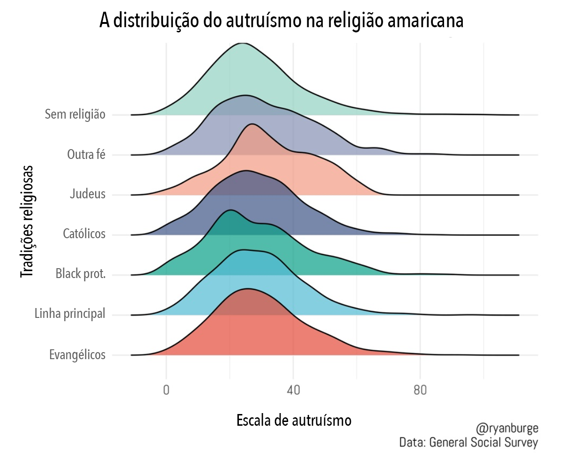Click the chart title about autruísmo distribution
[x=281, y=21]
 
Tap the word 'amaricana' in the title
[x=425, y=21]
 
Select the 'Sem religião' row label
[x=75, y=114]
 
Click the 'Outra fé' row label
[x=86, y=154]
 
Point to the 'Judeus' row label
[x=88, y=194]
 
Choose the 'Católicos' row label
[x=84, y=234]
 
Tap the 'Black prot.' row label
[x=81, y=274]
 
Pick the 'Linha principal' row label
[x=70, y=314]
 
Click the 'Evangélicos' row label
[x=77, y=354]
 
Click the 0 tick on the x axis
[x=166, y=390]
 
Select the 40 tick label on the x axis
[x=293, y=390]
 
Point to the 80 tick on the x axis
[x=420, y=390]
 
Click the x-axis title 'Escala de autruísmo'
[x=294, y=421]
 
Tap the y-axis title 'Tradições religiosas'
[x=27, y=221]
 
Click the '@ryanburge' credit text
[x=507, y=429]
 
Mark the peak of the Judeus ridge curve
[x=252, y=124]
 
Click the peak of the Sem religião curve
[x=243, y=43]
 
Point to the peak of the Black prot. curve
[x=230, y=210]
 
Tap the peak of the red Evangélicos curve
[x=247, y=289]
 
